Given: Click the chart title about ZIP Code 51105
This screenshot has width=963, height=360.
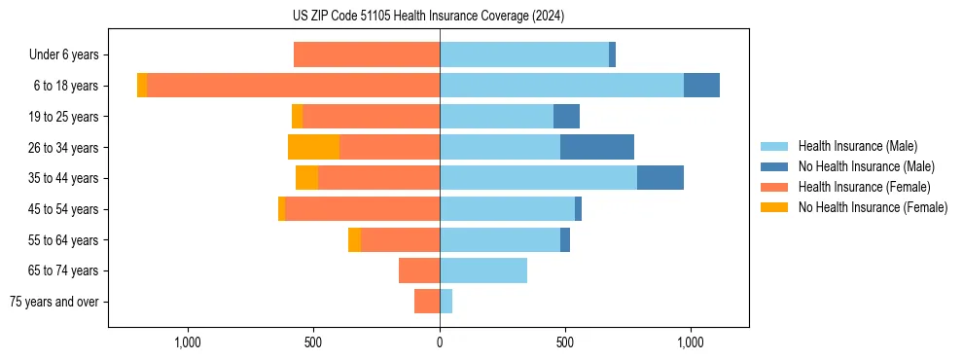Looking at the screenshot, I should (428, 17).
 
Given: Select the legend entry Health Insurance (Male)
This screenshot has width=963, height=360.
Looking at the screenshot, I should (857, 146).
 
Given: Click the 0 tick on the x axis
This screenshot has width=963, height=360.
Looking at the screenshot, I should (440, 342).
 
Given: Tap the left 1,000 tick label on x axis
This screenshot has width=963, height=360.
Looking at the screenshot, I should (188, 342).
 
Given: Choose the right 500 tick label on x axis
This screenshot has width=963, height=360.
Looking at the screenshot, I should (565, 342).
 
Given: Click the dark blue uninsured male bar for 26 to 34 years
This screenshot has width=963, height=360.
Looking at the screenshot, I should (597, 147).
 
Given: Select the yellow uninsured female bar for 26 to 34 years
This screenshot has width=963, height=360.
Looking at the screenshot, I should (313, 147).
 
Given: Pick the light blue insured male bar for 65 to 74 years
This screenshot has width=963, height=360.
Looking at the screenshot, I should (483, 270).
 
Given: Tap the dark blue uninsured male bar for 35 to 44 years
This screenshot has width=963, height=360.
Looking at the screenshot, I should (660, 178).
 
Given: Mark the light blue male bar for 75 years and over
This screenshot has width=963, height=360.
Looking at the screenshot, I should (446, 302).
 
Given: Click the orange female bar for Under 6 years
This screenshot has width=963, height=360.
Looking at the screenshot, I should (367, 55).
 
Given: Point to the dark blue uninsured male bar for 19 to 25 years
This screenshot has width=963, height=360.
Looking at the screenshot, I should (566, 117).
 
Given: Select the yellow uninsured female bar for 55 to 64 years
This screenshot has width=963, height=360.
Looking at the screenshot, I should (354, 239).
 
